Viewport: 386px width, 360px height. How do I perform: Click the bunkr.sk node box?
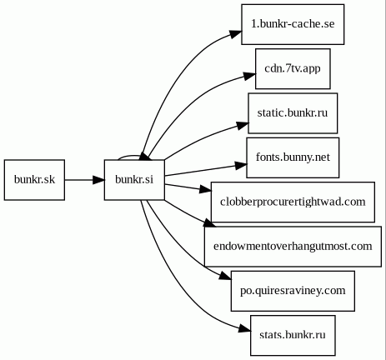pyautogui.click(x=34, y=180)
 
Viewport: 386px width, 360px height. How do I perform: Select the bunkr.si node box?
pyautogui.click(x=134, y=180)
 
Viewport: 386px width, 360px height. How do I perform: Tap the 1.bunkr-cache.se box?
pyautogui.click(x=293, y=24)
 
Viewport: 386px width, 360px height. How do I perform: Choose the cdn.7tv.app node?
pyautogui.click(x=293, y=68)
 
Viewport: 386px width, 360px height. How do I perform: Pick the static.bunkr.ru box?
pyautogui.click(x=293, y=113)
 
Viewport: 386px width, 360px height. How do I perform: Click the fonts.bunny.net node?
pyautogui.click(x=293, y=157)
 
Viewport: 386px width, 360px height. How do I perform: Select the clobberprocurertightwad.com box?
pyautogui.click(x=293, y=202)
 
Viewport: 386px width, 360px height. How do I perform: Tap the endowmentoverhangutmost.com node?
pyautogui.click(x=293, y=247)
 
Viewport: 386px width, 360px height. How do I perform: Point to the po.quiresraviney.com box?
pyautogui.click(x=293, y=291)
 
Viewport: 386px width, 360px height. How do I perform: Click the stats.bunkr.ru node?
pyautogui.click(x=293, y=335)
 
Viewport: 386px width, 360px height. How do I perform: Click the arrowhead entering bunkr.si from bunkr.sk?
pyautogui.click(x=98, y=180)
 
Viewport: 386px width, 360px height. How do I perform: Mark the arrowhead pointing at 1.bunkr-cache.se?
pyautogui.click(x=236, y=33)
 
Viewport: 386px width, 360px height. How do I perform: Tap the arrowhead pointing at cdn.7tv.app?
pyautogui.click(x=249, y=76)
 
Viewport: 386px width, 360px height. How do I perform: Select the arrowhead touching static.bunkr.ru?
pyautogui.click(x=243, y=125)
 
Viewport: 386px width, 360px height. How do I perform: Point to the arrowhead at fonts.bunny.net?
pyautogui.click(x=241, y=166)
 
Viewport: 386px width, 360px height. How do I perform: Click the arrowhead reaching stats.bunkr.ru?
pyautogui.click(x=244, y=329)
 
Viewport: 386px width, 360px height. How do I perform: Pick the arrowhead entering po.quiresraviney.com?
pyautogui.click(x=225, y=277)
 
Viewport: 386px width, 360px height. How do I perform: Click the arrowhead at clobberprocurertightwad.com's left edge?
pyautogui.click(x=205, y=190)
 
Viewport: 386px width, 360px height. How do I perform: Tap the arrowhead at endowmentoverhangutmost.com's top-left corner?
pyautogui.click(x=210, y=223)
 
